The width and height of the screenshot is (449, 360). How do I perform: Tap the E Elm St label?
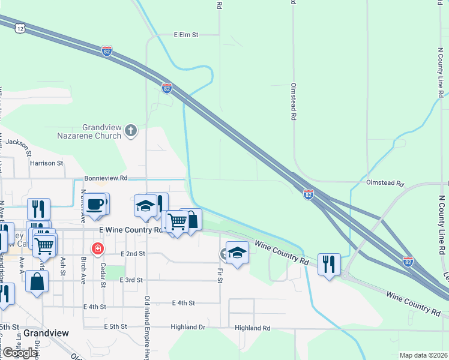(185, 35)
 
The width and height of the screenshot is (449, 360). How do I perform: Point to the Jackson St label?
(17, 143)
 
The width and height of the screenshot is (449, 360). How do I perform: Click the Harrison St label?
(46, 163)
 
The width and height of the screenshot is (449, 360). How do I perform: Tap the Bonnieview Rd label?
(106, 178)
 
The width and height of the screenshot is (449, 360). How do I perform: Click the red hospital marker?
(97, 248)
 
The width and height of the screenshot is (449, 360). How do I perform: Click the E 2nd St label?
(133, 254)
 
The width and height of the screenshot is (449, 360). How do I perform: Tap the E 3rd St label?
(131, 280)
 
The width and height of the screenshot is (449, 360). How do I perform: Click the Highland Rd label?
(253, 328)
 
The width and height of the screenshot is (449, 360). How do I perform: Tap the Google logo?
(20, 353)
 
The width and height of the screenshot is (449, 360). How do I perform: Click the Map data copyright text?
(423, 355)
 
